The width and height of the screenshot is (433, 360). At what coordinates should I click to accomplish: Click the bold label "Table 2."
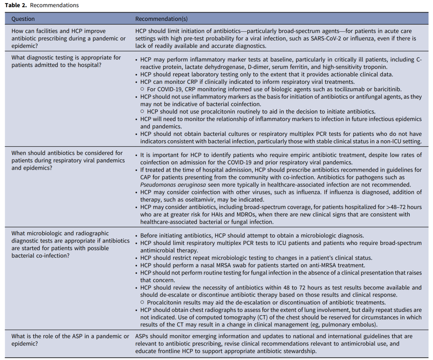point(16,5)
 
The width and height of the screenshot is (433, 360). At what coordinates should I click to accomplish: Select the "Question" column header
point(23,19)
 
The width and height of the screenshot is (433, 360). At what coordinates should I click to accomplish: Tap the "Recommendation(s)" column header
point(161,19)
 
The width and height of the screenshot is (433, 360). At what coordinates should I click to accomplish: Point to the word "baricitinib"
point(384,89)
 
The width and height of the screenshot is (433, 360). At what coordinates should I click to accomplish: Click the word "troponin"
point(375,67)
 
